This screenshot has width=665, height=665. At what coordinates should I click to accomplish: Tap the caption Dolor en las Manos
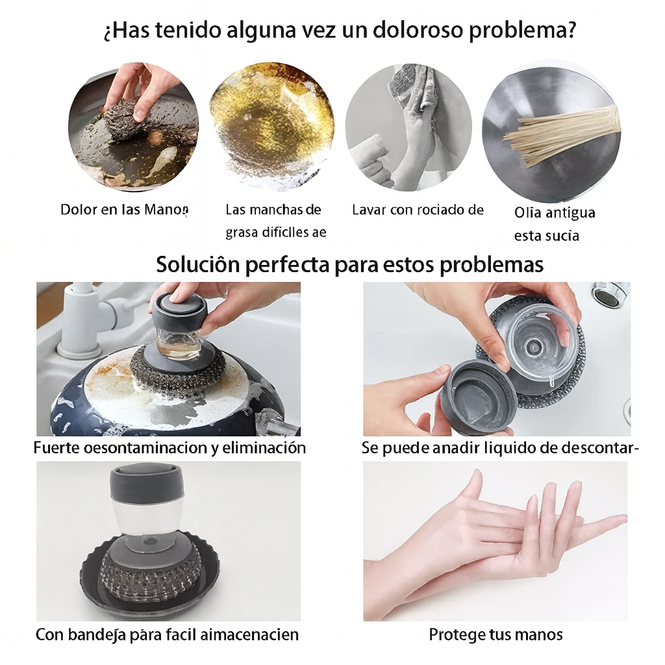[x=124, y=210]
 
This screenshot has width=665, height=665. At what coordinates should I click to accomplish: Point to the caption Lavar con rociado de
[x=418, y=210]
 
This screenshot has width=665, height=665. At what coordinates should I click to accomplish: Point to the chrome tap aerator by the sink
[x=610, y=294]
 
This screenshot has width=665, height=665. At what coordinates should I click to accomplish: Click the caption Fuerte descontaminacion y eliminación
[x=169, y=447]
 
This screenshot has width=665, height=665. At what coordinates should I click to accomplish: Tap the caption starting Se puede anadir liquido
[x=500, y=447]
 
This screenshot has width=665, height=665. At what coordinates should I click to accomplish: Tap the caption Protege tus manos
[x=496, y=634]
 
